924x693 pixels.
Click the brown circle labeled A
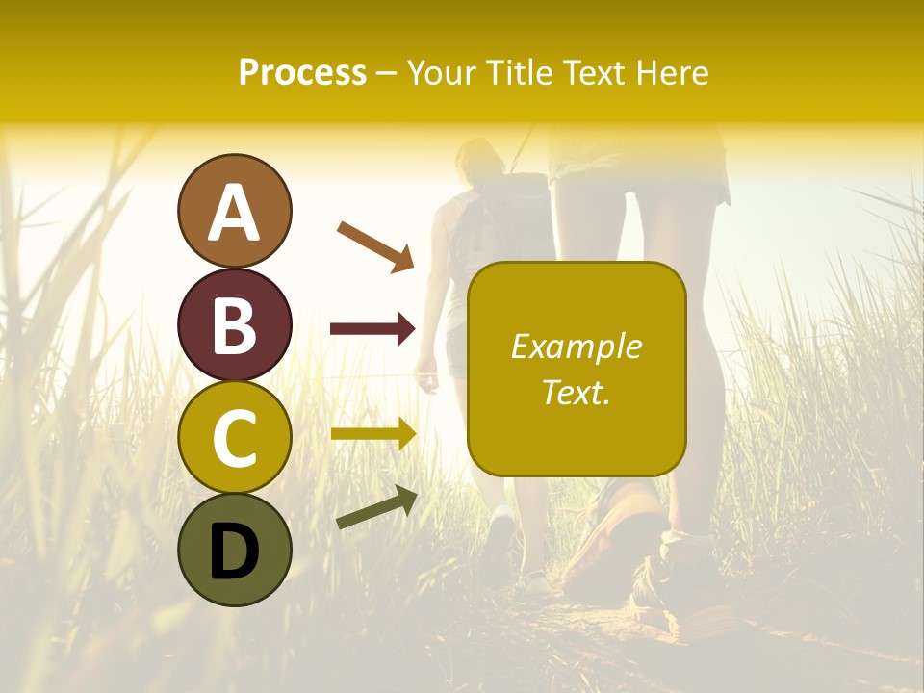coord(234,211)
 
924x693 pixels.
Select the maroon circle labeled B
coord(234,324)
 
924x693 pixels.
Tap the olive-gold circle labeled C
coord(234,437)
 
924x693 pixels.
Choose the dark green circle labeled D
coord(234,550)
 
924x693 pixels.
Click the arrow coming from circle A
coord(375,245)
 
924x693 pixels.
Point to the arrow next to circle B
coord(372,329)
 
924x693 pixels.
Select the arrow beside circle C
coord(372,434)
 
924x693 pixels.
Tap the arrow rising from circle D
coord(376,507)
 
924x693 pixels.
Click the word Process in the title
coord(302,72)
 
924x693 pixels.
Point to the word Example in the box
coord(576,346)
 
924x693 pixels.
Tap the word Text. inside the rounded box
coord(576,392)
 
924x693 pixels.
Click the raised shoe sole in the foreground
coord(616,539)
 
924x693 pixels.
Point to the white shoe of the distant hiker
coord(500,534)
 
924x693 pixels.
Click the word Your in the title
coord(443,72)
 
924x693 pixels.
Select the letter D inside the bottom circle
coord(234,552)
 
